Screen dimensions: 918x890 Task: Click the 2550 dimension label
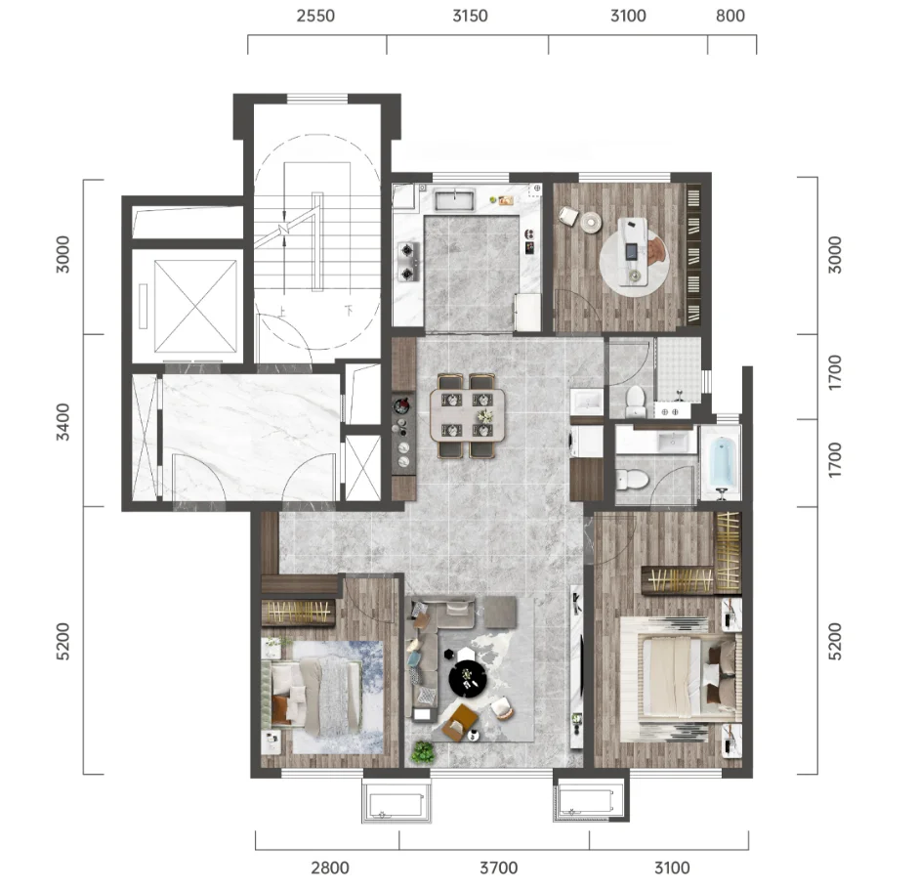(x=315, y=16)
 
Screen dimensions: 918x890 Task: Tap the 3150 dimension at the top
(x=470, y=16)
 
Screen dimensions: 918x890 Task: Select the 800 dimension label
(x=730, y=16)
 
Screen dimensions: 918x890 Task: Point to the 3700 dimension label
(x=499, y=868)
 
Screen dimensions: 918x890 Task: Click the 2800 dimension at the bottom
(x=330, y=868)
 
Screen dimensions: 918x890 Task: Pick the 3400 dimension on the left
(x=63, y=422)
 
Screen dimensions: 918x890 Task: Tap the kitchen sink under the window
(x=454, y=199)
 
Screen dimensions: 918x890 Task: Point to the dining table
(x=467, y=415)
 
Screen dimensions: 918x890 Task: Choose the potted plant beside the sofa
(x=422, y=752)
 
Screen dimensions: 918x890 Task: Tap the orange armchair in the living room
(x=460, y=723)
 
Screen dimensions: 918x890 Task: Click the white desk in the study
(x=633, y=251)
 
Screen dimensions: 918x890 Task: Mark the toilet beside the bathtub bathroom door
(x=632, y=480)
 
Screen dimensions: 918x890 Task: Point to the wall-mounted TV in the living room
(x=579, y=661)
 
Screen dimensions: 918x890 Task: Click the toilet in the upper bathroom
(x=635, y=401)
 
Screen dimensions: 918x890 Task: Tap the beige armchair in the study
(x=567, y=216)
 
